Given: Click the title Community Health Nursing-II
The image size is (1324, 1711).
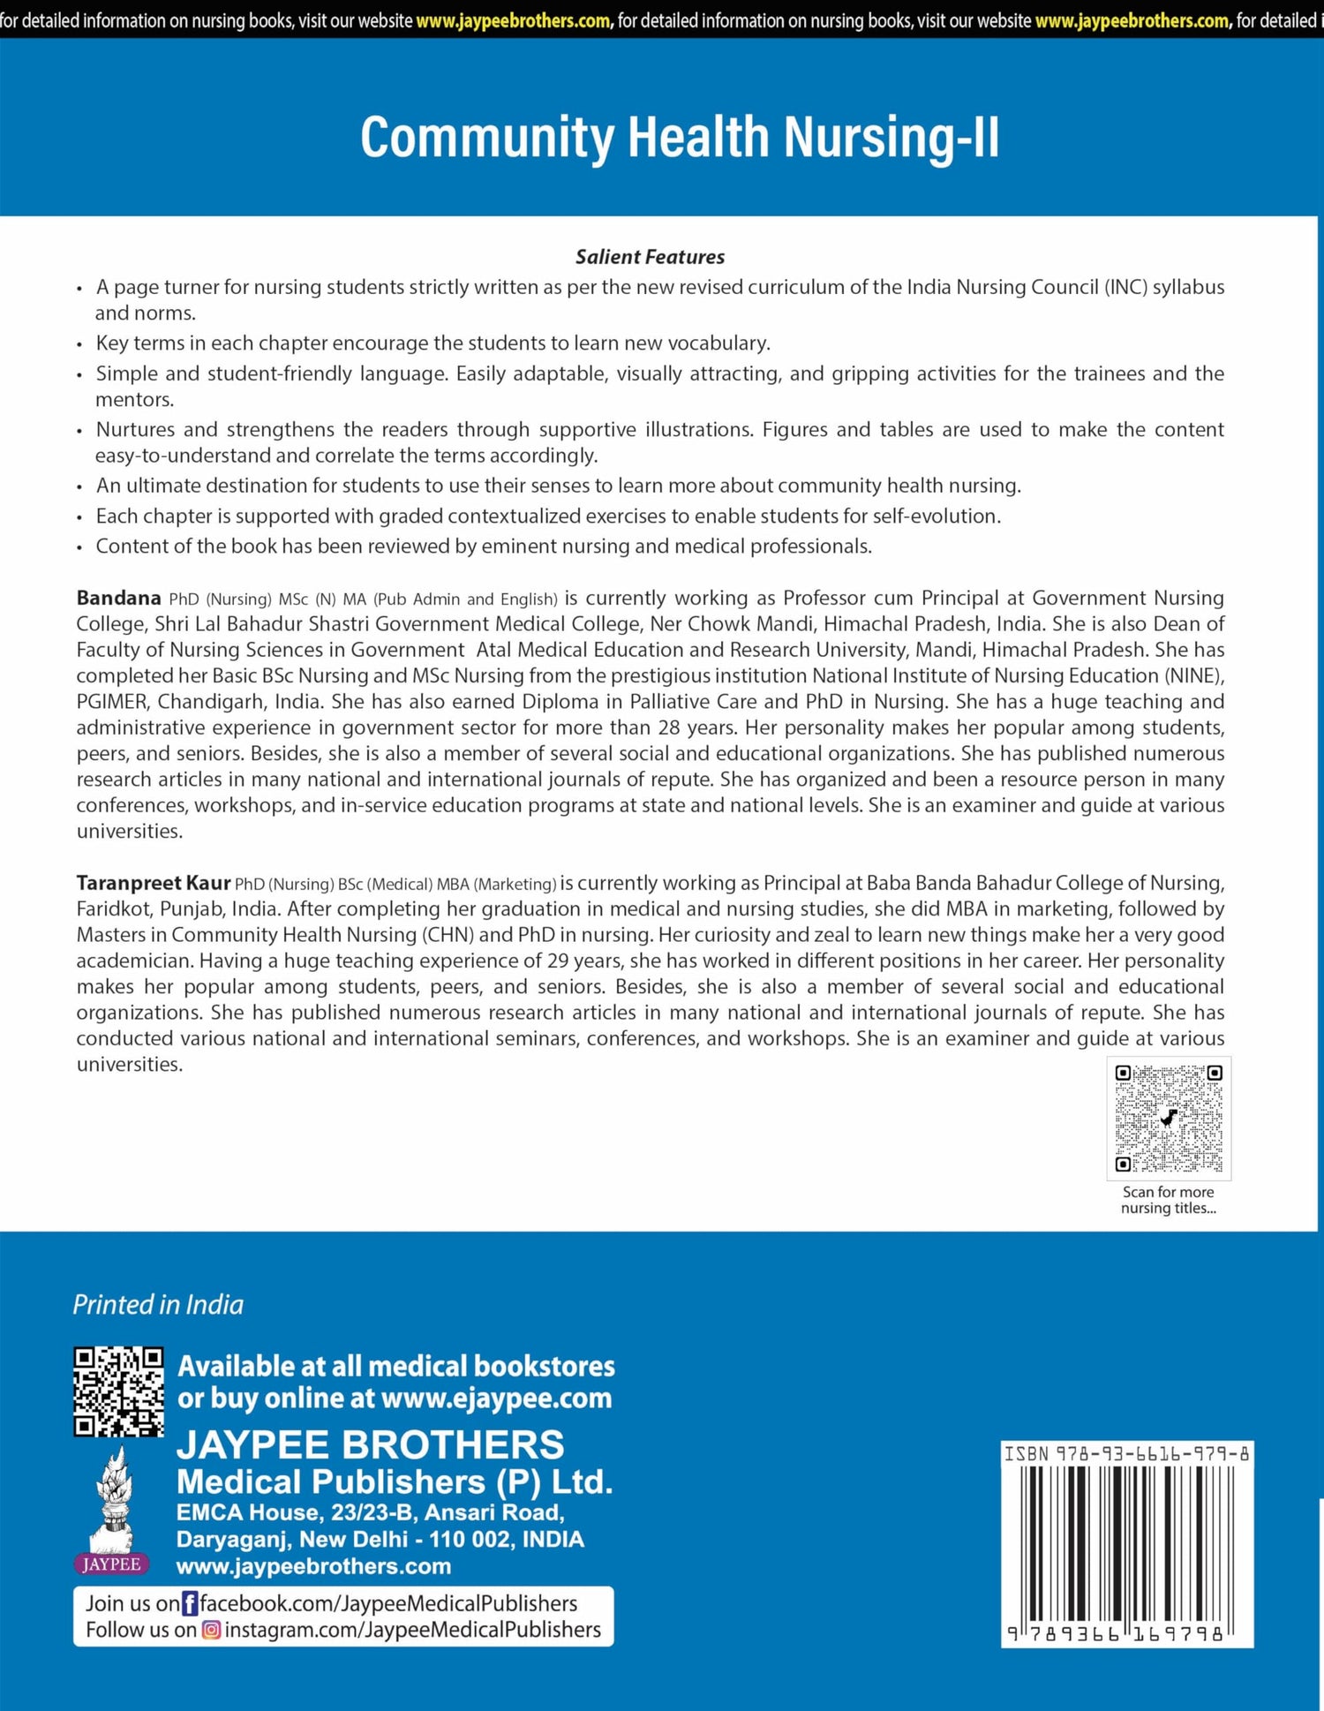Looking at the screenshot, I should coord(680,138).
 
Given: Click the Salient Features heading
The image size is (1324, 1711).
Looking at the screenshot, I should coord(650,257).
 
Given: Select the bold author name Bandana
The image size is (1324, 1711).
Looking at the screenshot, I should coord(118,598).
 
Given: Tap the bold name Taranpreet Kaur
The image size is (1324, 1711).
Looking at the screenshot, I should coord(153,883).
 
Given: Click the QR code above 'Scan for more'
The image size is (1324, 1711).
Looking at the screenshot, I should coord(1168,1118).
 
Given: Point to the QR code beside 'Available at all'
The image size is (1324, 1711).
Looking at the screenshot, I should coord(118,1391).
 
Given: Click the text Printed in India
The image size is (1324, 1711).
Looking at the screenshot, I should coord(158,1304).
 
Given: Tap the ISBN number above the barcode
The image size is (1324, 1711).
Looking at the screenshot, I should coord(1126,1453).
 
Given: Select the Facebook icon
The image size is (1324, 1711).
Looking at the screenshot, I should coord(190,1603).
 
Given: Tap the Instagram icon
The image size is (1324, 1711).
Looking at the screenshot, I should coord(211,1630).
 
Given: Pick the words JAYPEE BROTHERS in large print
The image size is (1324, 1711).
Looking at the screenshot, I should coord(370,1445).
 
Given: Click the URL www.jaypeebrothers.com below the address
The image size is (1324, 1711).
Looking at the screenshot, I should coord(313,1566).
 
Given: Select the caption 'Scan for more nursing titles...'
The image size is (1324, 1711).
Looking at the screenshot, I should coord(1168,1200).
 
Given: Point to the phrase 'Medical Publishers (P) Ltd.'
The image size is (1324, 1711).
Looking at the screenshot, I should coord(395,1481).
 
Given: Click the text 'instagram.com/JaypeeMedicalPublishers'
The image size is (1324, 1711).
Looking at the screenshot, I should coord(412,1630).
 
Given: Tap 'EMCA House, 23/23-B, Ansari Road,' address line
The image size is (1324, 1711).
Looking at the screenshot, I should coord(370,1512).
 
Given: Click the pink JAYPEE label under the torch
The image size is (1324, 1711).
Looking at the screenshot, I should coord(111,1564).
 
